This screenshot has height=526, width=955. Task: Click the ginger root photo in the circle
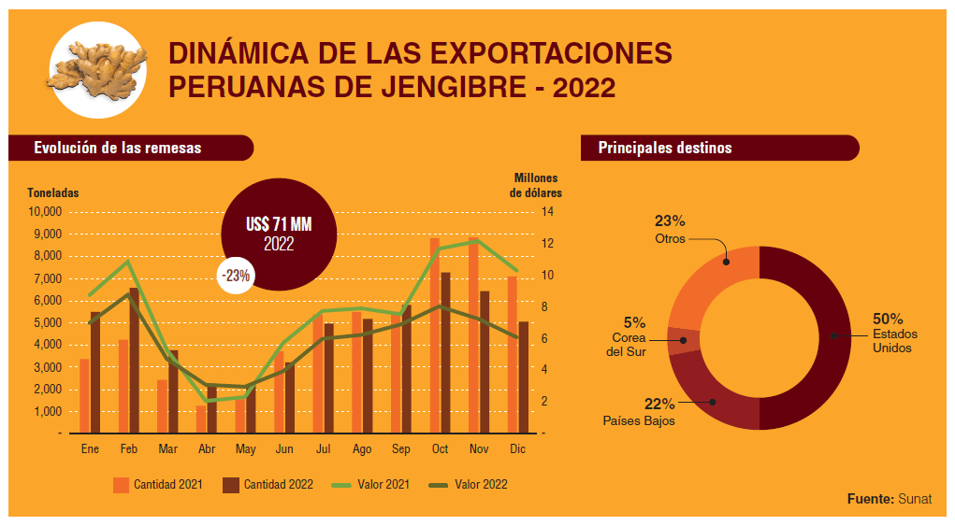coord(97,69)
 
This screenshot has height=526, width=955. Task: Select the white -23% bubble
coord(235,276)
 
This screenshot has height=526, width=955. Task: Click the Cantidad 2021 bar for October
coord(435,336)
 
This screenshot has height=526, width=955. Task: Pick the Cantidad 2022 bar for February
coord(134,361)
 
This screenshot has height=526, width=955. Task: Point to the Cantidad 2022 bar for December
coord(523,377)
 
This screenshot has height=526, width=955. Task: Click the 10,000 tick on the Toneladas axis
coord(45,211)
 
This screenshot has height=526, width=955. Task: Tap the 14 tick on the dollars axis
coord(547,211)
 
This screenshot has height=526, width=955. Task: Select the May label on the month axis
coord(246,449)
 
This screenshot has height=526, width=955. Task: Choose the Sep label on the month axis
coord(401,449)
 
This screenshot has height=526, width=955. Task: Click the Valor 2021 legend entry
coord(371,485)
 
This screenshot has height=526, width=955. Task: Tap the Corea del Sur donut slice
coord(682,340)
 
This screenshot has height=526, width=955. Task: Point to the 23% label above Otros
coord(670,221)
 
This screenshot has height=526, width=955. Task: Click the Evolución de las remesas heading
coord(118,148)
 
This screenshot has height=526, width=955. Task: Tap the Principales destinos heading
coord(665,148)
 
